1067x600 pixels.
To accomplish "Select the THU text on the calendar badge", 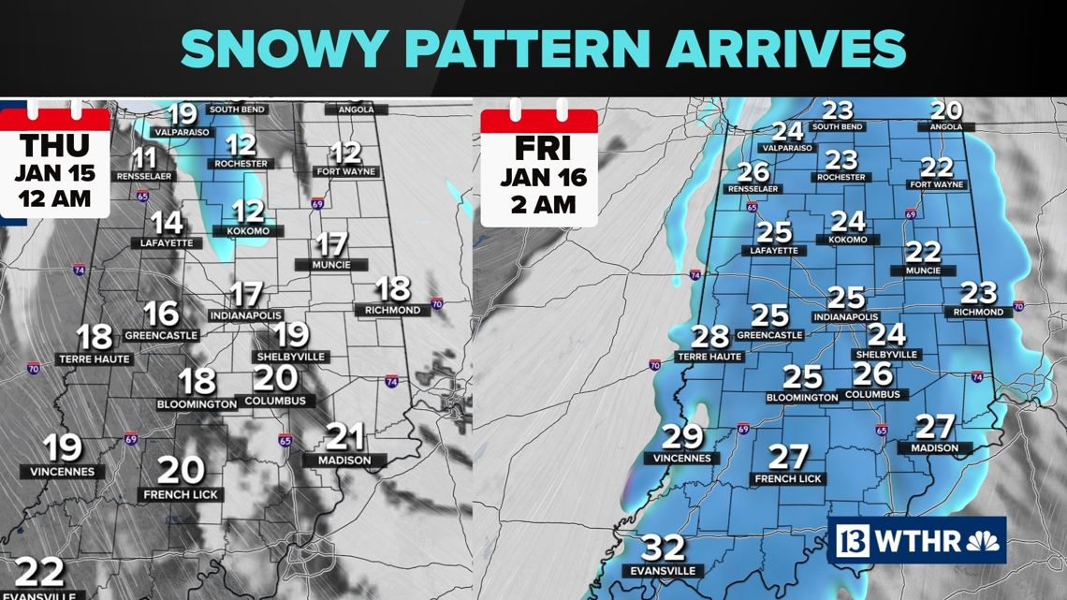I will pos(54,146).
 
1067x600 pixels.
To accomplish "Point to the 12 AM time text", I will pos(53,198).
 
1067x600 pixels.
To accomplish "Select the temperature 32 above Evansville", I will pos(663,548).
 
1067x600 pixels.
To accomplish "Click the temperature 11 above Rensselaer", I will pos(144,157).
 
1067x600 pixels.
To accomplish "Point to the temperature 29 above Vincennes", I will pos(682,436).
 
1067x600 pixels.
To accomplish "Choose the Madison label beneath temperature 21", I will pos(343,461).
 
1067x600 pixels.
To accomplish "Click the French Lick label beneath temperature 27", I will pos(788,479).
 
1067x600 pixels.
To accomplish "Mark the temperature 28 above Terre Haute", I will pos(709,336).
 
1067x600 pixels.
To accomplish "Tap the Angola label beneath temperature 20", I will pos(946,127).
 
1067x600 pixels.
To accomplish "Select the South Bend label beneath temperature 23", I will pos(838,127).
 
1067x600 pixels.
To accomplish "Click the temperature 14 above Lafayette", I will pos(167,223).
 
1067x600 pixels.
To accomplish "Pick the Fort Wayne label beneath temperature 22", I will pos(936,185).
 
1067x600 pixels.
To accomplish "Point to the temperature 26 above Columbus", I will pos(872,374).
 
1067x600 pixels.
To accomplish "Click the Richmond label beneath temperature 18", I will pos(393,310).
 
